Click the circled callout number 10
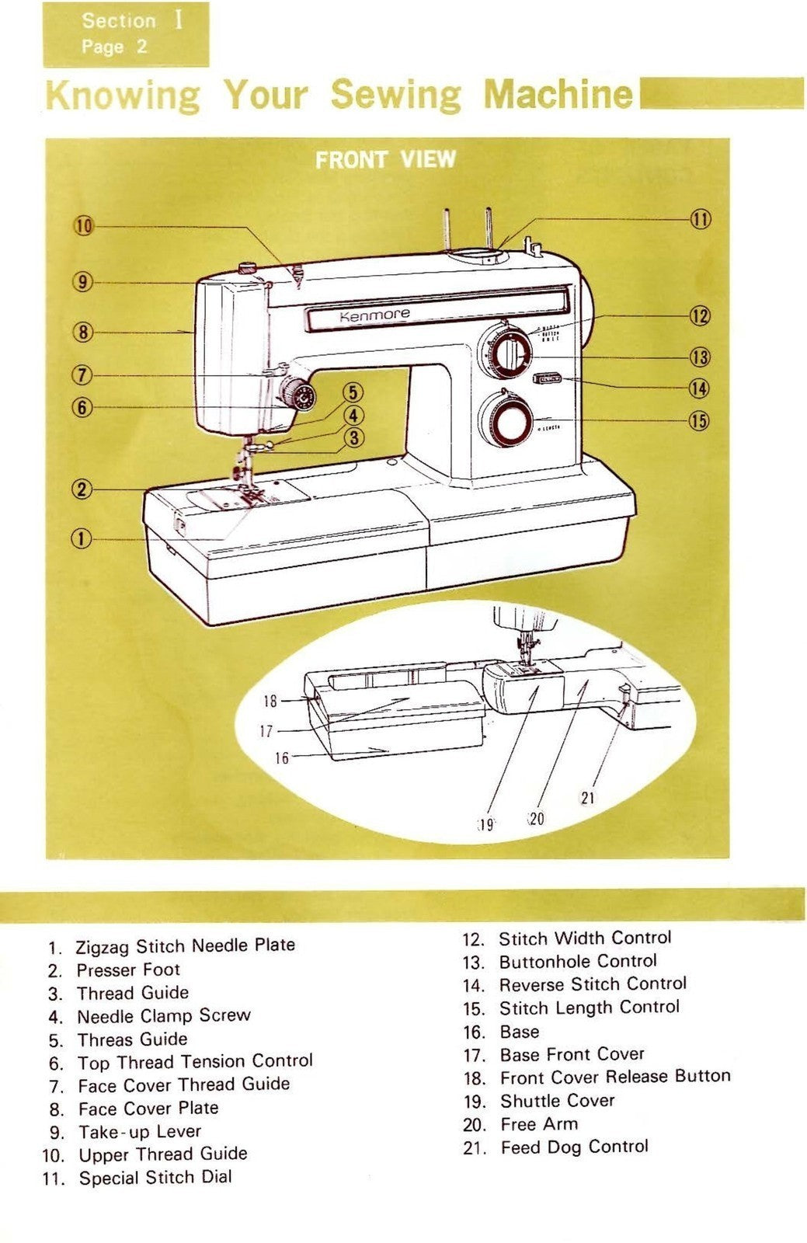point(83,226)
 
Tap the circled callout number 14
point(699,388)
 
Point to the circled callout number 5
point(353,392)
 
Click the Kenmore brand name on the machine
point(374,315)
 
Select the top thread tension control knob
point(298,396)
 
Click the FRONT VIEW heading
point(385,159)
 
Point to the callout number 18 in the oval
point(270,701)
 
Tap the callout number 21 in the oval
point(588,797)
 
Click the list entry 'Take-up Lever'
point(139,1131)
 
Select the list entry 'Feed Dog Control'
point(574,1147)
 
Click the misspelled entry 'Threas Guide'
point(132,1039)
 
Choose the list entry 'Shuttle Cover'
point(557,1101)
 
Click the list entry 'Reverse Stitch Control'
point(592,984)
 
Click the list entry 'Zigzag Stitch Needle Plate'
point(185,945)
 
